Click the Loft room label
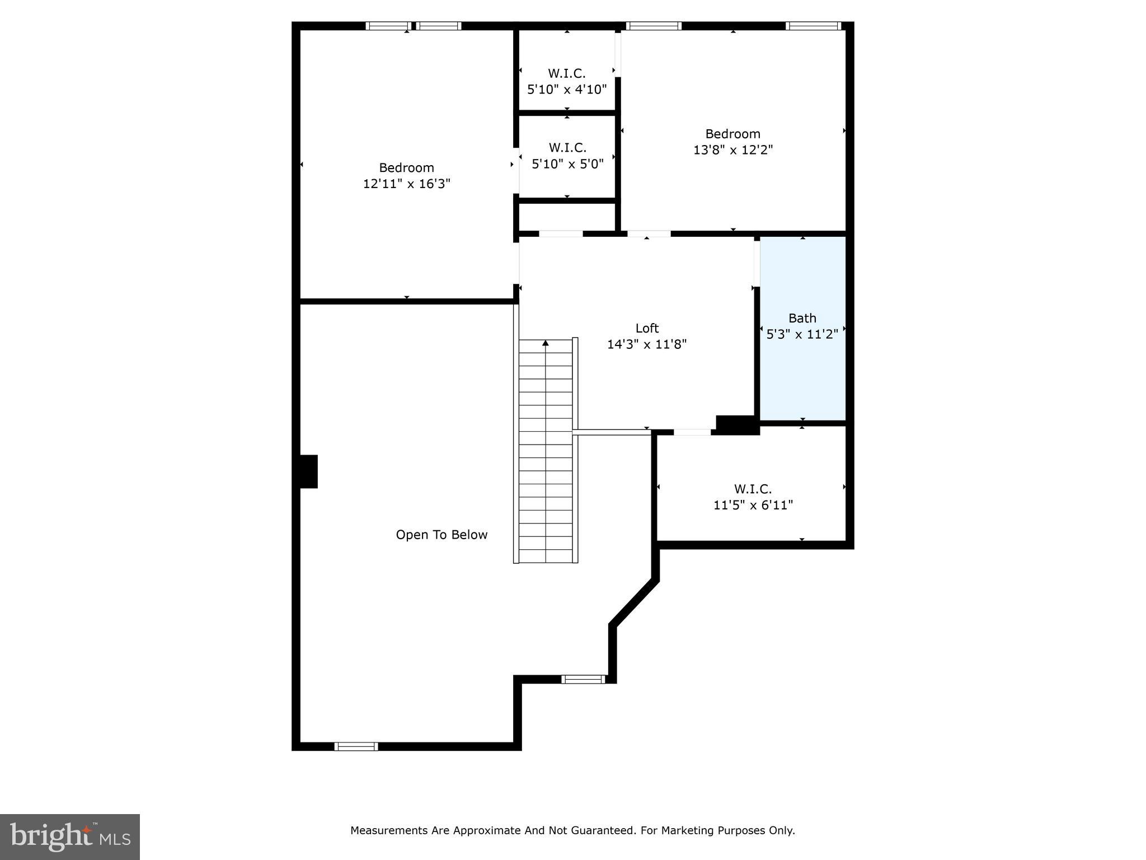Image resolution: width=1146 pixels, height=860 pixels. click(x=647, y=328)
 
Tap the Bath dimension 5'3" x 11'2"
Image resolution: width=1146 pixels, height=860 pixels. click(x=802, y=334)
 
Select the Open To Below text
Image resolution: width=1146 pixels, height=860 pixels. click(x=442, y=535)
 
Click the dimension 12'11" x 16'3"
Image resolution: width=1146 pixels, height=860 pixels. click(x=407, y=184)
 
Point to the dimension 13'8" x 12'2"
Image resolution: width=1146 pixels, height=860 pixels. click(x=733, y=150)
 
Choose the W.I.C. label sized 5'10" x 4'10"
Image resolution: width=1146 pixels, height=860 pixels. click(x=567, y=73)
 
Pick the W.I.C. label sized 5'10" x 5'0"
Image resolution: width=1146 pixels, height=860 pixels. click(x=567, y=148)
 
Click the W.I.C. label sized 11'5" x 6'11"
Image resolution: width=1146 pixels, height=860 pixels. click(x=753, y=489)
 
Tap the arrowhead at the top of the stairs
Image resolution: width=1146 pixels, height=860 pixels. click(x=546, y=343)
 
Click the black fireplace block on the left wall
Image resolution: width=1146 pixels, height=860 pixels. click(x=308, y=471)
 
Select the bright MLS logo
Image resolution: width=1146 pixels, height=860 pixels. click(x=70, y=836)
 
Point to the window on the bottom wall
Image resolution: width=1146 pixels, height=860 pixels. click(x=356, y=746)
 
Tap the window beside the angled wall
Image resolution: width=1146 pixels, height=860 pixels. click(x=583, y=679)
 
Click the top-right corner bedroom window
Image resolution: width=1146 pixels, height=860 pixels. click(x=813, y=26)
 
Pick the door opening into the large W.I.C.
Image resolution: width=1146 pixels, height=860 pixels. click(x=692, y=432)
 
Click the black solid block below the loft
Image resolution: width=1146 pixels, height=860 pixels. click(x=738, y=425)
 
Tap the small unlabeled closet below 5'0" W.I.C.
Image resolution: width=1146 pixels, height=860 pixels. click(x=567, y=217)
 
